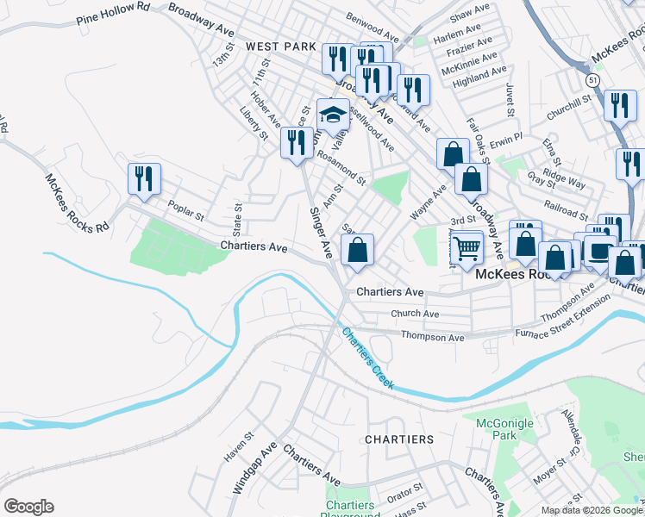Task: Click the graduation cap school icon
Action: tap(333, 115)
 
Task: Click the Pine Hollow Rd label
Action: tap(113, 11)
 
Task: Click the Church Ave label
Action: tap(415, 315)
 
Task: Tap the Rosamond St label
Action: tap(341, 169)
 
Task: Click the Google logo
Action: tap(28, 507)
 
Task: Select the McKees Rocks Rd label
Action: tap(78, 203)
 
